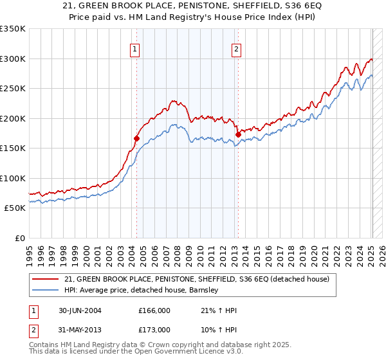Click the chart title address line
192,5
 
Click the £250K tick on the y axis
12,89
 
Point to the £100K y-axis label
12,178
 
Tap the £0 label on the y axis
18,238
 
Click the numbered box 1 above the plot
135,49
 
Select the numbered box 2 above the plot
236,49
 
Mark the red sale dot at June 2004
137,138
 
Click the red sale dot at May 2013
238,134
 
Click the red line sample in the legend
46,279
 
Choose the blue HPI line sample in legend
46,290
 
